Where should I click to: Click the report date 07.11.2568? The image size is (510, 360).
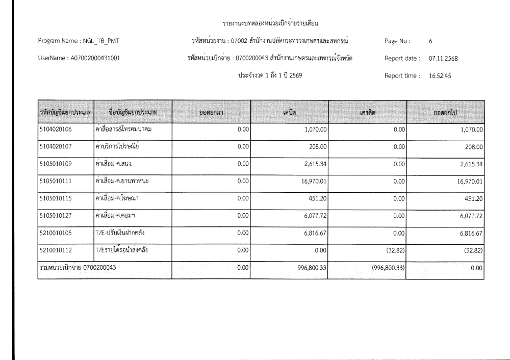coord(443,58)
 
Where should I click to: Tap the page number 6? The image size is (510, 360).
coord(431,40)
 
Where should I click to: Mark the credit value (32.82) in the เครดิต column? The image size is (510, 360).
coord(394,251)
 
